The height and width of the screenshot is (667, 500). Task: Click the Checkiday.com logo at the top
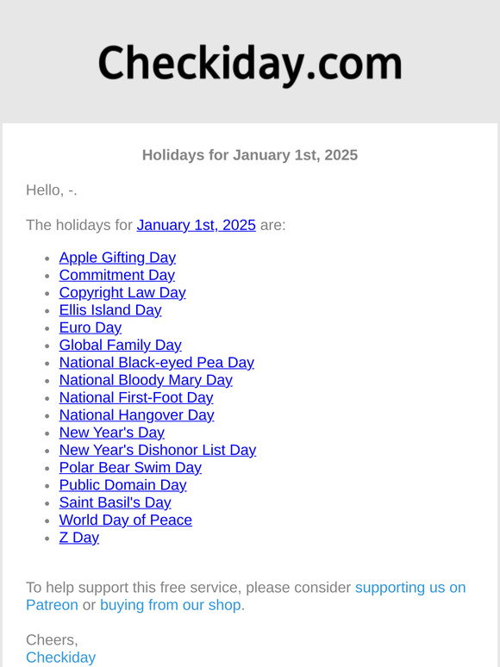[250, 65]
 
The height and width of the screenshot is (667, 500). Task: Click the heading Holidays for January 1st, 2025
[250, 155]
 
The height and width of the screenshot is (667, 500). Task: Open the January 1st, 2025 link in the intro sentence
[196, 225]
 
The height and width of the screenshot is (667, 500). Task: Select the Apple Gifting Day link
[117, 258]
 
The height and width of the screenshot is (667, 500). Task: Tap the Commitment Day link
[116, 275]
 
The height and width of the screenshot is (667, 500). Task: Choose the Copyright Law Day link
[122, 292]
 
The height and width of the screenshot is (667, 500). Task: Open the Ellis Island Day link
[110, 310]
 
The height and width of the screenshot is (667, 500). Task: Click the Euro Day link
[91, 327]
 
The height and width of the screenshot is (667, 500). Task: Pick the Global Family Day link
[120, 345]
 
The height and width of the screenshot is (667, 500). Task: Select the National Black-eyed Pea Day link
[156, 363]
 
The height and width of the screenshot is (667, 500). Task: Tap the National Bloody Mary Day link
[146, 380]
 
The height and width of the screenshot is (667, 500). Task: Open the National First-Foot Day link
[136, 397]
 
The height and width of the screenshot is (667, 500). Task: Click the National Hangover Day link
[136, 415]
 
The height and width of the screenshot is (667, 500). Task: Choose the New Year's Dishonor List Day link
[157, 450]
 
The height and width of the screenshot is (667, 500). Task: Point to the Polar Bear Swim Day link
[130, 468]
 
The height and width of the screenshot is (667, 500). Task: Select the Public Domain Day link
[122, 485]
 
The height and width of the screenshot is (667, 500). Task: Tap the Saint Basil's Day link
[115, 502]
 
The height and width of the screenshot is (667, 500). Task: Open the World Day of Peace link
[125, 521]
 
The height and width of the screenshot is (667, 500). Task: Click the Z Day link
[79, 538]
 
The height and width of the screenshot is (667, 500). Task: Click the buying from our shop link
[171, 605]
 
